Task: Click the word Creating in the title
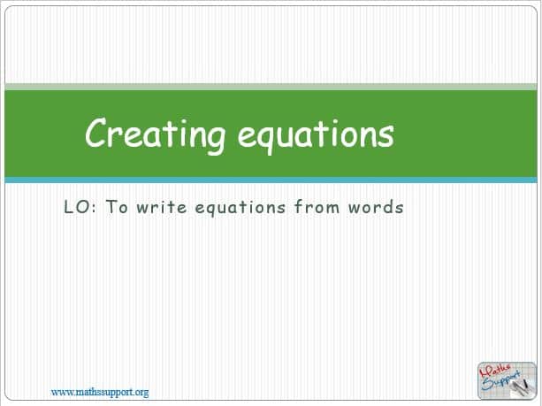(156, 135)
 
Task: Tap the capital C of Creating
(95, 132)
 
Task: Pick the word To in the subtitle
(117, 207)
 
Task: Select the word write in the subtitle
(162, 207)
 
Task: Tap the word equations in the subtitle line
(240, 208)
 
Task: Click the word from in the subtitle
(317, 207)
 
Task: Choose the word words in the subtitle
(376, 207)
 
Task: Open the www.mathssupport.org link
(100, 393)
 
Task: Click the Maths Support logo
(507, 380)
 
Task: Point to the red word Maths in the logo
(495, 372)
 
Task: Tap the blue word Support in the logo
(500, 380)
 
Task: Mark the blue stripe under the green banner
(271, 180)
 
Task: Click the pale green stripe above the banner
(271, 87)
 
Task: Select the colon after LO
(95, 209)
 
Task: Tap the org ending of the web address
(141, 394)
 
